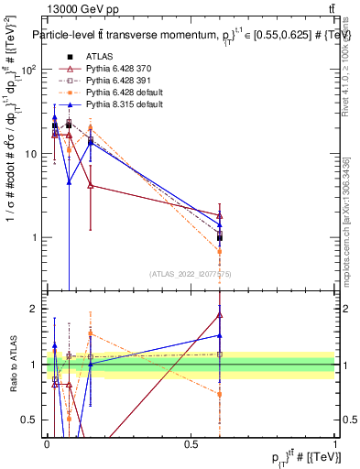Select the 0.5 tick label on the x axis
click(191, 443)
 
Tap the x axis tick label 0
click(48, 443)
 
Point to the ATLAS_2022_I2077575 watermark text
click(191, 274)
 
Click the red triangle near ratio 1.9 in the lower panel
click(220, 315)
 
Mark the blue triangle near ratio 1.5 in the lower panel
click(220, 335)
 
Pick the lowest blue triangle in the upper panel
click(69, 181)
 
